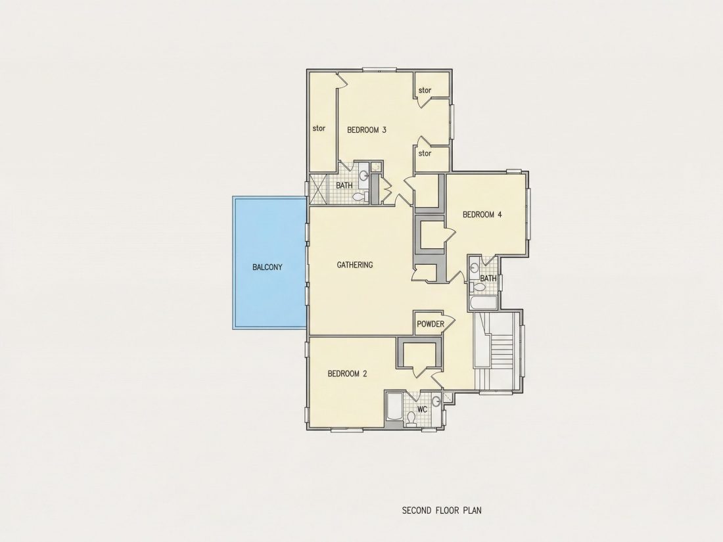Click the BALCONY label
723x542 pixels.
(x=268, y=267)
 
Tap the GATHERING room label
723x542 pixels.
(x=354, y=265)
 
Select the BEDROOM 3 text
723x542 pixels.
(x=367, y=130)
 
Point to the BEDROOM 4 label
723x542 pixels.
(x=482, y=214)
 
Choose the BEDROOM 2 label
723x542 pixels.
(x=347, y=374)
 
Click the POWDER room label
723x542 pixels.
(x=431, y=324)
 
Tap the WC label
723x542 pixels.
(x=422, y=409)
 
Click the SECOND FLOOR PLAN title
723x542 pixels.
(x=442, y=510)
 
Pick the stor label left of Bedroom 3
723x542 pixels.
(x=319, y=128)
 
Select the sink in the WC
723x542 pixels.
(x=436, y=402)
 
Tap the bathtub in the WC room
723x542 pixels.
(x=394, y=407)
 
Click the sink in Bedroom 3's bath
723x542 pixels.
(x=364, y=175)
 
